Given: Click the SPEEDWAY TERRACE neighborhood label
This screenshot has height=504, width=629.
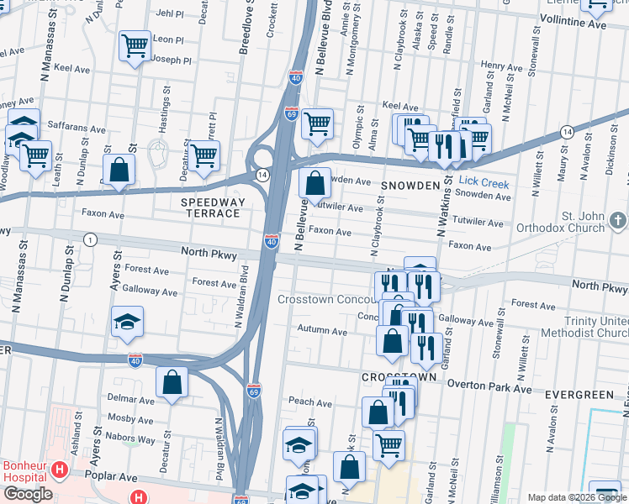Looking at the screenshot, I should [214, 207].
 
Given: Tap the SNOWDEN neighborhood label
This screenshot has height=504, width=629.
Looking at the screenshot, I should [410, 186].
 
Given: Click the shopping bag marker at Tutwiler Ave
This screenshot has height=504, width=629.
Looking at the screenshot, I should [314, 181].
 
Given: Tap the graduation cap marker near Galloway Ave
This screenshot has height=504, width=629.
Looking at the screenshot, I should [127, 321].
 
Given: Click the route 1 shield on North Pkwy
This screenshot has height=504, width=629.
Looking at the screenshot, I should [90, 240].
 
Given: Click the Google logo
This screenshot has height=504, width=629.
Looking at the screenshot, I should [28, 494].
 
